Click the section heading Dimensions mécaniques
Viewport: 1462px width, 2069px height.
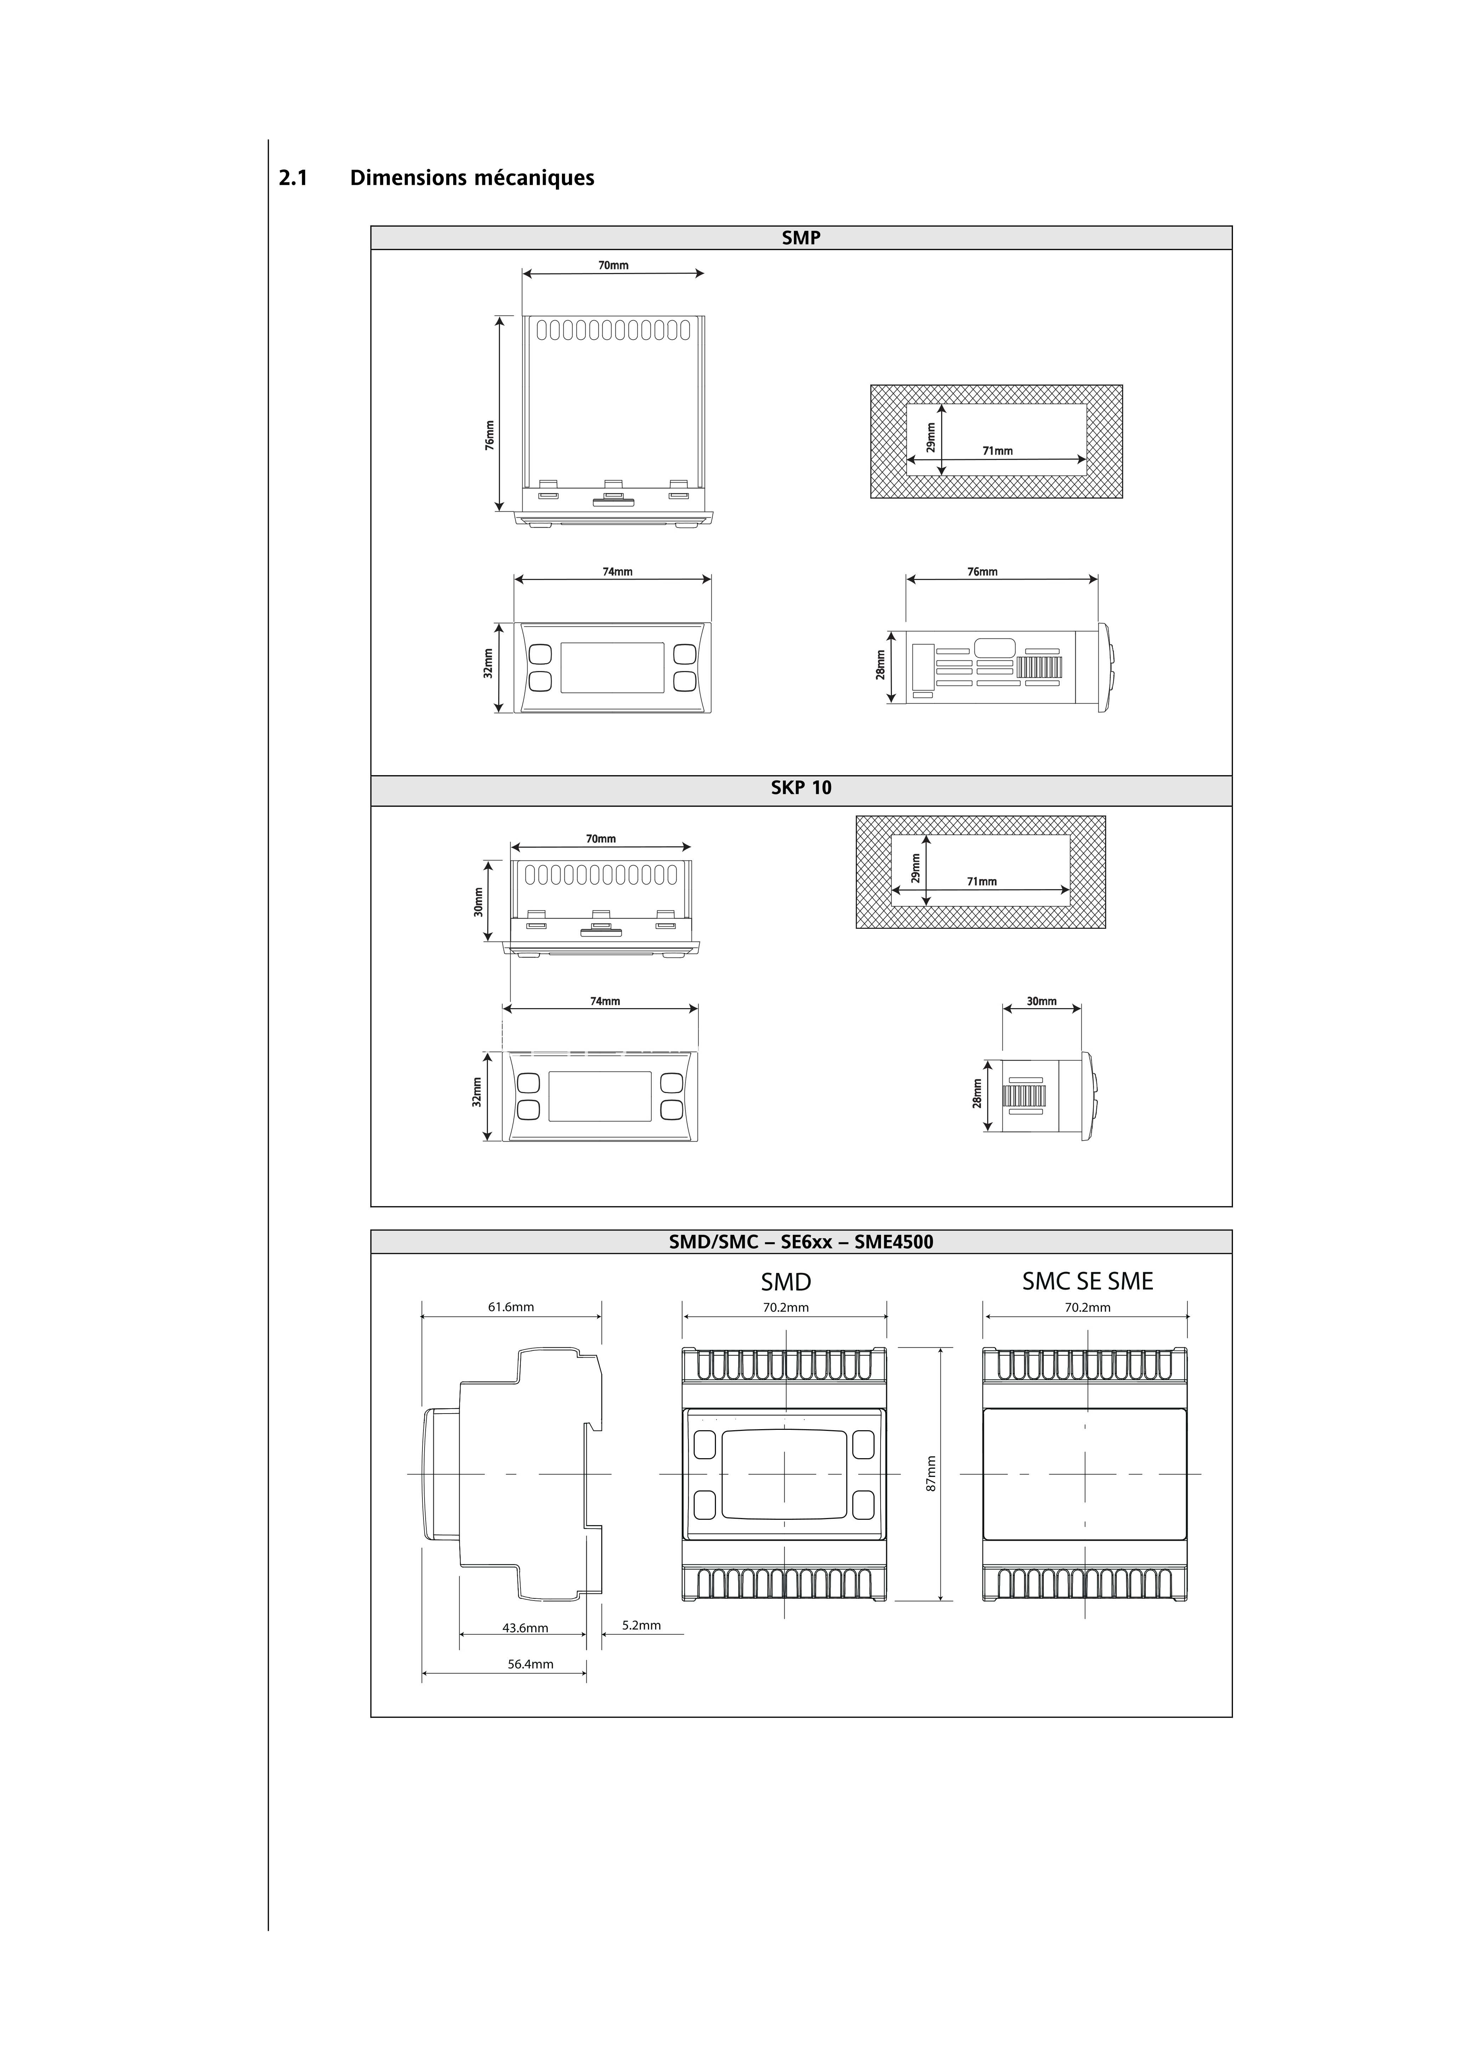tap(472, 177)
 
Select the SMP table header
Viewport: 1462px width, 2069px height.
tap(801, 238)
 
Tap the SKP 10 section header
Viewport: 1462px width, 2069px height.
tap(801, 788)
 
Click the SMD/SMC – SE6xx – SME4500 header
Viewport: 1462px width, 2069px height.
tap(801, 1242)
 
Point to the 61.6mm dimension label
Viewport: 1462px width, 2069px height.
tap(511, 1307)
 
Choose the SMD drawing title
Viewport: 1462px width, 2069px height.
tap(786, 1281)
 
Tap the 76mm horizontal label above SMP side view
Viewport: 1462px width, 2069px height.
tap(983, 571)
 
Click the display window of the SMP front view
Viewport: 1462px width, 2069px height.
tap(612, 668)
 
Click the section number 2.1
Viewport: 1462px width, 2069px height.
tap(293, 177)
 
